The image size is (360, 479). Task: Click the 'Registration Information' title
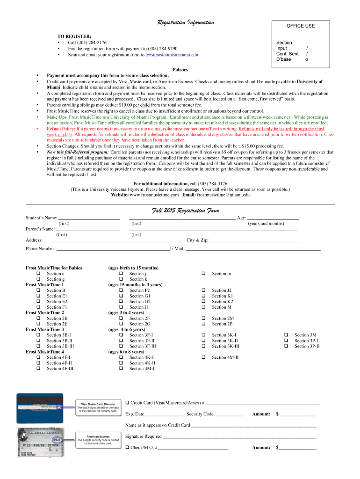tap(185, 22)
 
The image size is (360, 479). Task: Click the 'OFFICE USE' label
tap(301, 26)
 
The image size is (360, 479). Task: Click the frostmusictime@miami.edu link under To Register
tap(172, 55)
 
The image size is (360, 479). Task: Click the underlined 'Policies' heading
tap(180, 70)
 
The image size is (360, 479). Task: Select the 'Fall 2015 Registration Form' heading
tap(185, 211)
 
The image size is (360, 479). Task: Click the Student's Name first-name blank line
tap(89, 218)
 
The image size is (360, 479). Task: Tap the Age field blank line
tap(273, 218)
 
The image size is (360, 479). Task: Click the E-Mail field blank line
tap(253, 249)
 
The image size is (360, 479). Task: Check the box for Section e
tap(38, 274)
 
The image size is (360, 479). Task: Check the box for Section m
tap(203, 274)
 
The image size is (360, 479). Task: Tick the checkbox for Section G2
tap(121, 302)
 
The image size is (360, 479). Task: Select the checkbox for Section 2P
tap(203, 324)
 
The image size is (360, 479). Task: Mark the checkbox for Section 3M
tap(286, 335)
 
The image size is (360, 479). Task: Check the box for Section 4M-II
tap(203, 357)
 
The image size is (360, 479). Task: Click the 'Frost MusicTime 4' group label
tap(45, 352)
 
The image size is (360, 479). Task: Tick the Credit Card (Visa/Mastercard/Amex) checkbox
tap(127, 403)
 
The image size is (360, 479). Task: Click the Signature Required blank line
tap(239, 436)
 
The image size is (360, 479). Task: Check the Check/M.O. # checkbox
tap(127, 448)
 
